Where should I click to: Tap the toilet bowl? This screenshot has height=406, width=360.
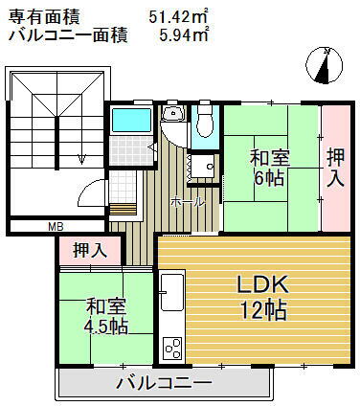point(202,123)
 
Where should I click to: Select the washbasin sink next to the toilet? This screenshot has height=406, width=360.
point(173,116)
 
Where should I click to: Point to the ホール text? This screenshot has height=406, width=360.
point(185,202)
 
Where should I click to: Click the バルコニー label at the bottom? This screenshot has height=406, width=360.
point(164,384)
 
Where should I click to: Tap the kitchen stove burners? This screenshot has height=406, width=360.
point(172,347)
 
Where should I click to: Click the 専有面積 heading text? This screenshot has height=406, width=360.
point(45,16)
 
